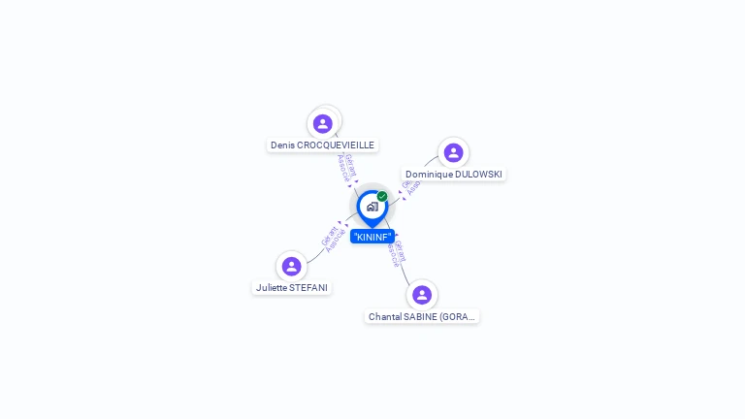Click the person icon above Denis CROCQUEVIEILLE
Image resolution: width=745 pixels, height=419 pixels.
[323, 123]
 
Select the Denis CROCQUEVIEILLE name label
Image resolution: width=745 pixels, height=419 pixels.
[322, 145]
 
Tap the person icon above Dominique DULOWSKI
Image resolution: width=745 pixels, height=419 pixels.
[453, 152]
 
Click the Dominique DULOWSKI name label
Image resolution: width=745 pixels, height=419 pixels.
[454, 175]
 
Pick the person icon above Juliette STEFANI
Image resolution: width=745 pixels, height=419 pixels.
[291, 266]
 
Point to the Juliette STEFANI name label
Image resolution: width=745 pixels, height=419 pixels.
[292, 288]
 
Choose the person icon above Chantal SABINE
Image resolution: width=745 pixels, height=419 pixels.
[421, 294]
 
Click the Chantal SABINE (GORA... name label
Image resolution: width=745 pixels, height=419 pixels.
[422, 317]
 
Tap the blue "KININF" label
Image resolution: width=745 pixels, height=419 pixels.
[372, 237]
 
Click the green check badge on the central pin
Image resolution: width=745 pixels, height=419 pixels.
[382, 196]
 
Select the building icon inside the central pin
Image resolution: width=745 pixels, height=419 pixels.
[372, 207]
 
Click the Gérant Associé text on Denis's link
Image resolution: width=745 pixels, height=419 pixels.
[346, 168]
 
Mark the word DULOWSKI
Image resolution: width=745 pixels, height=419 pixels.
[478, 175]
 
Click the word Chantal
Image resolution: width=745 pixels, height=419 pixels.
[385, 317]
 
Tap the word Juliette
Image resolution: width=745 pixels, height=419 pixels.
[272, 288]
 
